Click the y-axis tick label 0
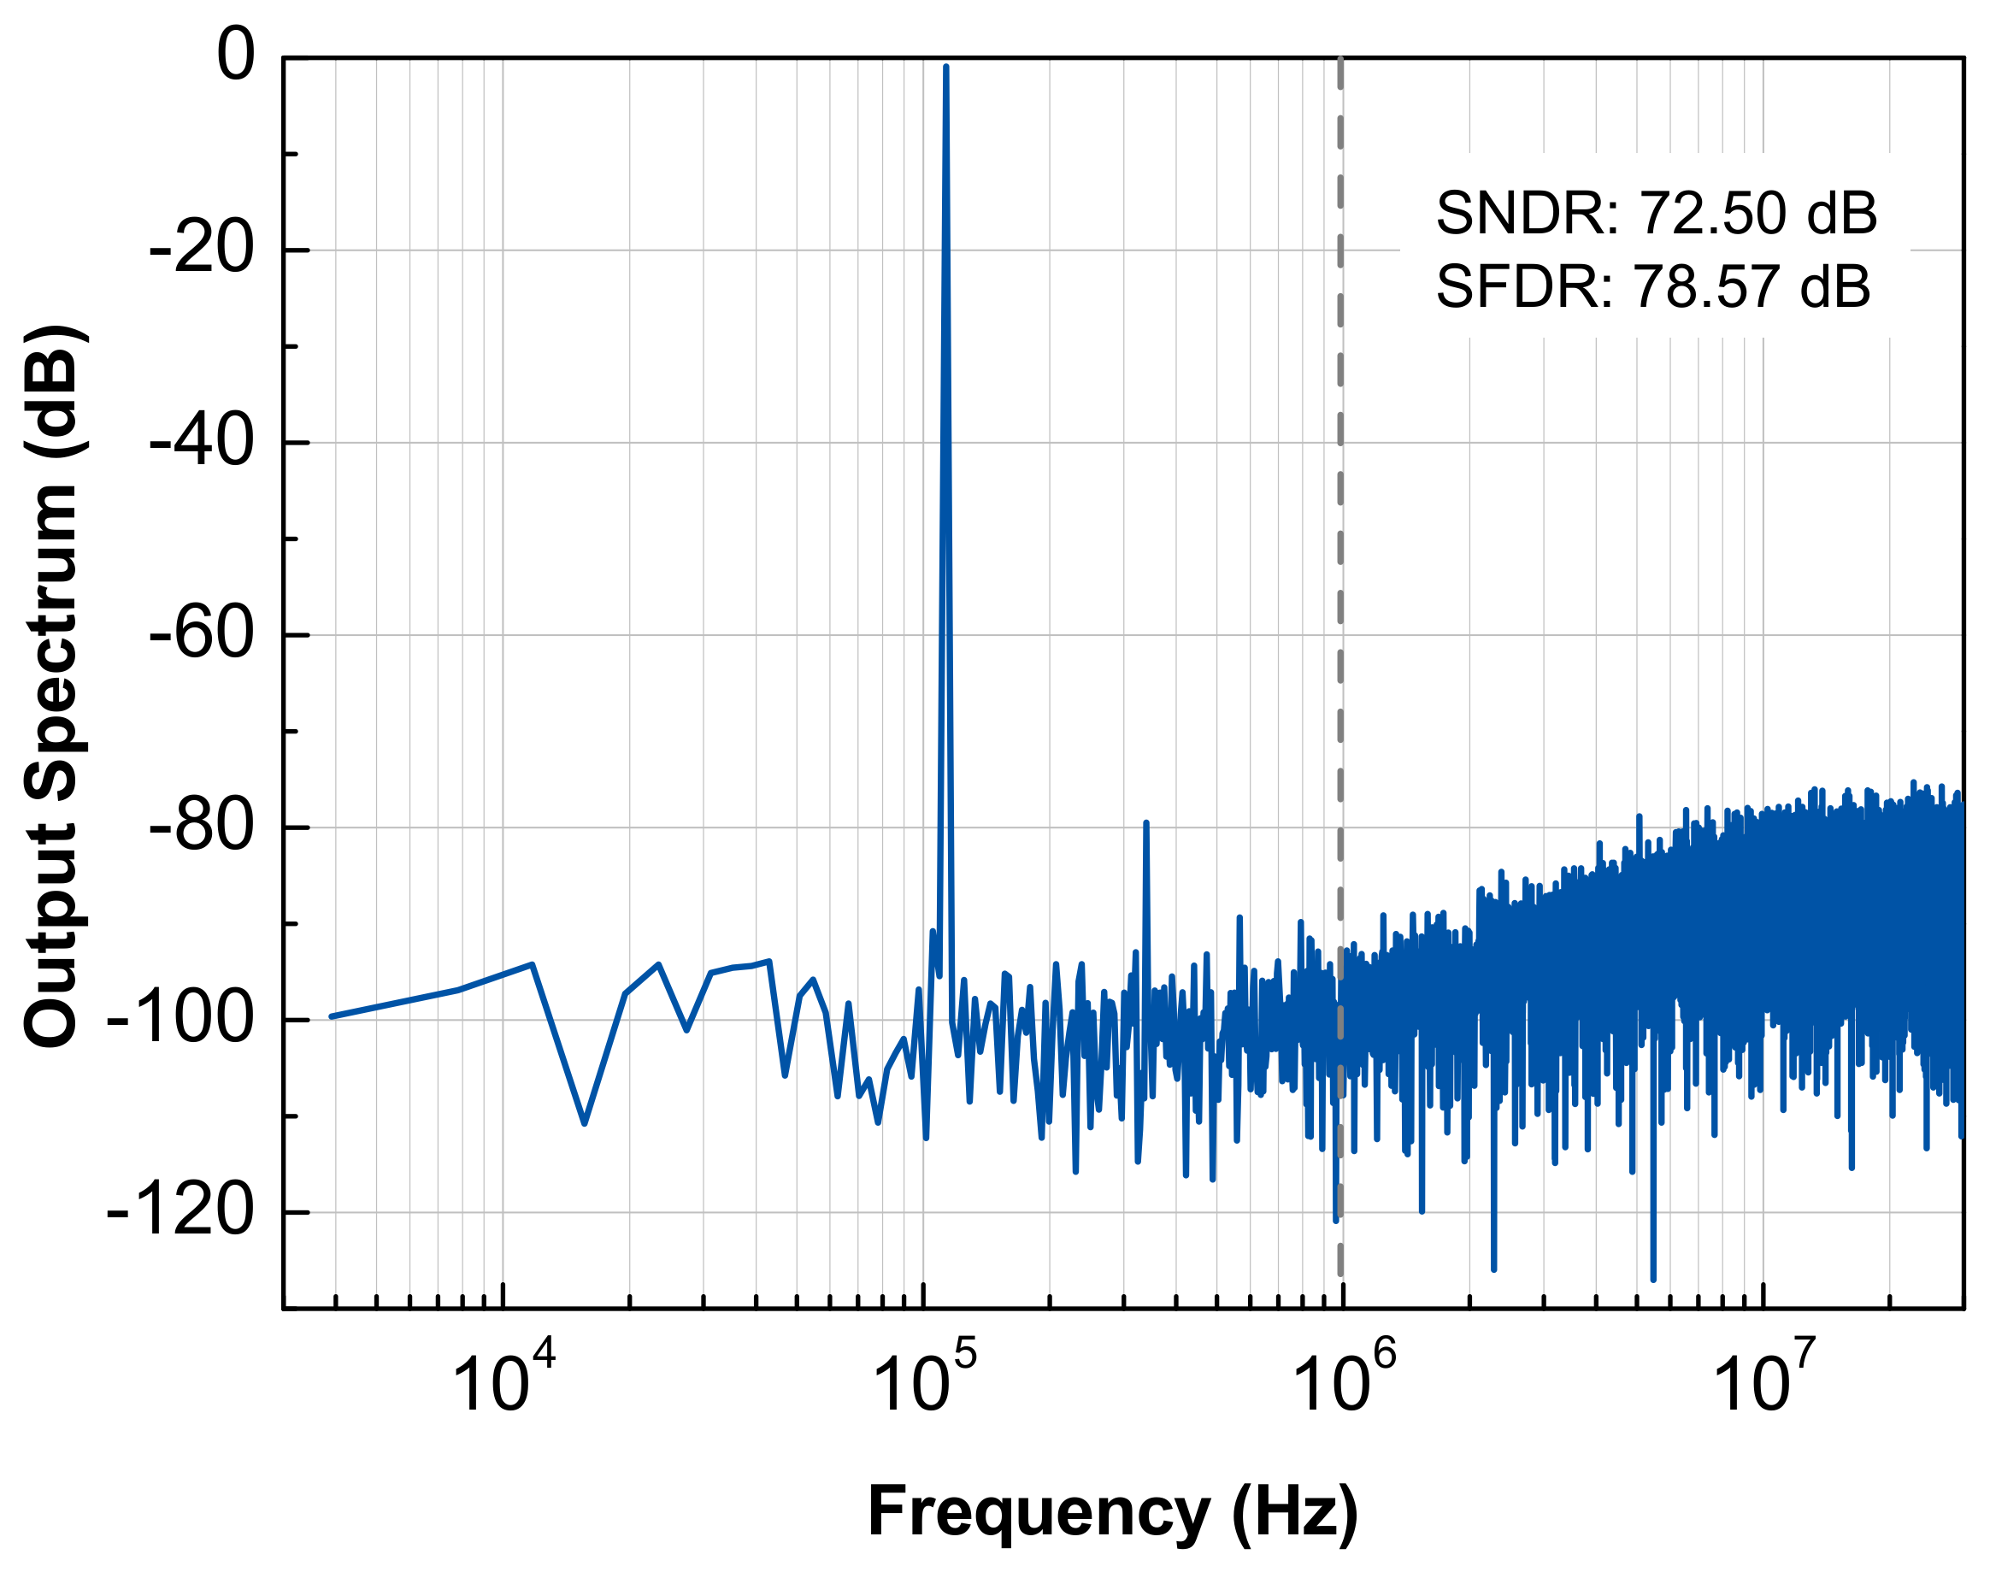point(236,56)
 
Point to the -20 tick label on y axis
point(201,250)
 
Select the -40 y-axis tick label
point(201,443)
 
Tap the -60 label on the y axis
point(201,635)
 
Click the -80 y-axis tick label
point(201,827)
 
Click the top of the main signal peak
point(945,69)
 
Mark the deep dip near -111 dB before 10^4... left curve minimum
point(585,1122)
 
